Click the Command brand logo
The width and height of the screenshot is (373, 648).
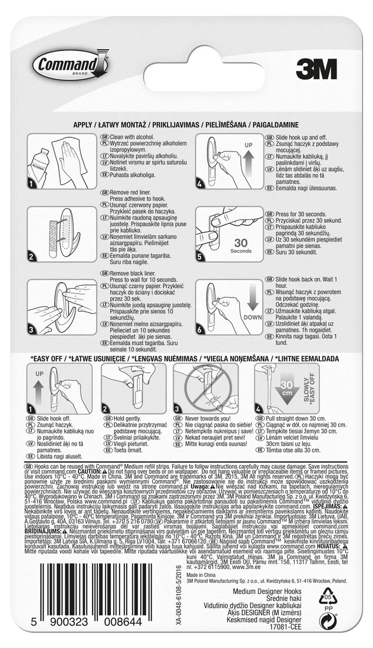tap(69, 67)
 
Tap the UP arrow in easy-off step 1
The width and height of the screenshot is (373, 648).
tap(39, 389)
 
